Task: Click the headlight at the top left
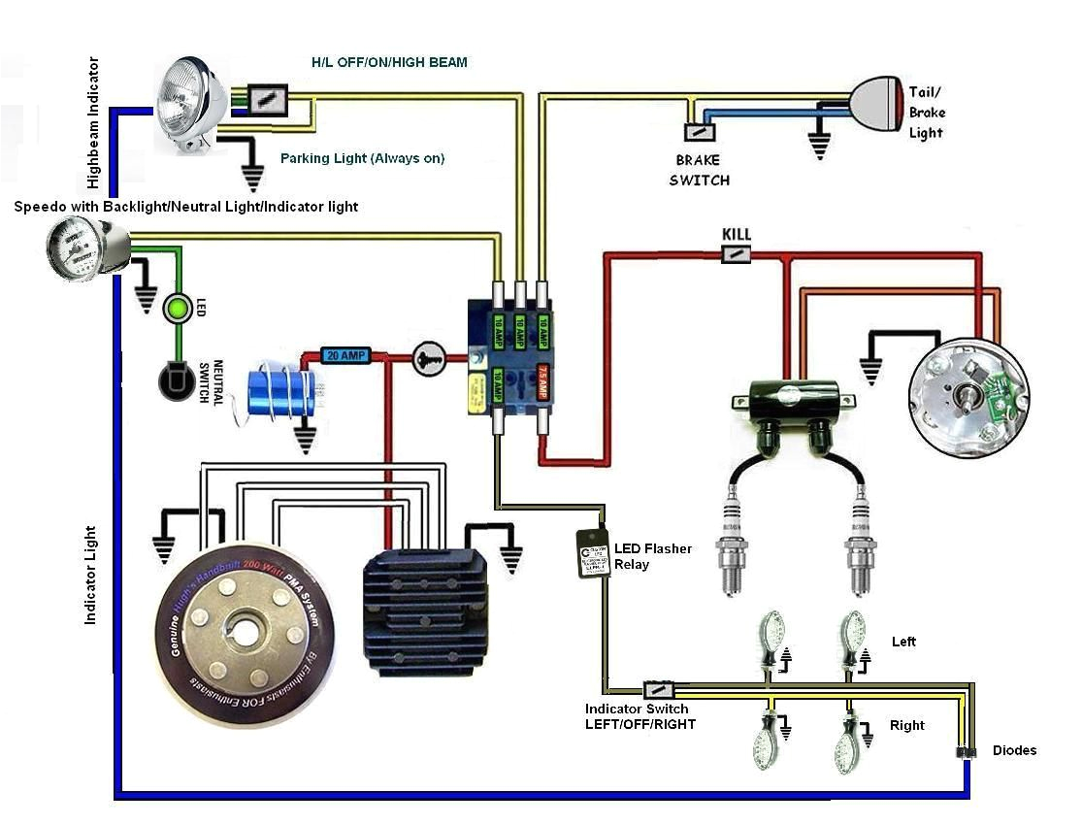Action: [192, 105]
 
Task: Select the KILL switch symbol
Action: [737, 254]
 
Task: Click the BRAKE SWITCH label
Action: [699, 171]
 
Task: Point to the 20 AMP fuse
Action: [344, 356]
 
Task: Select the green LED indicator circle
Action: [177, 309]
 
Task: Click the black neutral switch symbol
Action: [177, 380]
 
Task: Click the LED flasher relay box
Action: [593, 554]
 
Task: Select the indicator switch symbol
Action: [660, 690]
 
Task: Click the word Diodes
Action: [1013, 750]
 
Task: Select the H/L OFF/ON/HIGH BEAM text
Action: [388, 62]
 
